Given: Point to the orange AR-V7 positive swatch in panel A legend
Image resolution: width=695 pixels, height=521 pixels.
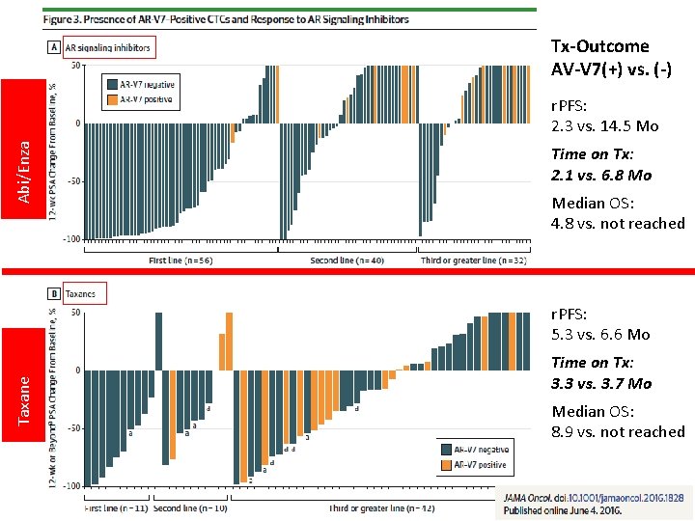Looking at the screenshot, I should pyautogui.click(x=112, y=98).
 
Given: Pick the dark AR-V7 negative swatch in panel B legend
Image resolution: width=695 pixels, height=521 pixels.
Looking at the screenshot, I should pyautogui.click(x=446, y=450).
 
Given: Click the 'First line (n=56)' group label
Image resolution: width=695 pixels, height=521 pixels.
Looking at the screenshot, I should pyautogui.click(x=181, y=260).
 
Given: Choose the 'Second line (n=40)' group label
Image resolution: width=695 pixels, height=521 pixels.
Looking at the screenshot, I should pyautogui.click(x=347, y=260).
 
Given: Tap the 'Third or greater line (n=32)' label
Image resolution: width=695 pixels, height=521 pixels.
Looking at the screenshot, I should pyautogui.click(x=473, y=260).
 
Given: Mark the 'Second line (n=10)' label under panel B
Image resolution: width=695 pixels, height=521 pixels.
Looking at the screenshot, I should pyautogui.click(x=190, y=507).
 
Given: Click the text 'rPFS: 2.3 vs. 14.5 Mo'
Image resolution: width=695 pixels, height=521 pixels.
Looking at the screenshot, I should pyautogui.click(x=605, y=116).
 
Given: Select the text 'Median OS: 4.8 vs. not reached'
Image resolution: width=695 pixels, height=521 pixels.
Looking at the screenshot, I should pyautogui.click(x=618, y=213).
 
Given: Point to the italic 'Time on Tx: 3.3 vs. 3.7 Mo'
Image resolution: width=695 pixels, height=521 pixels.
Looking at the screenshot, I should pyautogui.click(x=601, y=372).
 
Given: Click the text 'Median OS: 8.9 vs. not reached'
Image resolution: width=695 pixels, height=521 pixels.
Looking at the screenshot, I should pyautogui.click(x=618, y=422).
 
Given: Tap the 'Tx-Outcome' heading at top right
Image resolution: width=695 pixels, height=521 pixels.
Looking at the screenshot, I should pyautogui.click(x=599, y=46).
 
